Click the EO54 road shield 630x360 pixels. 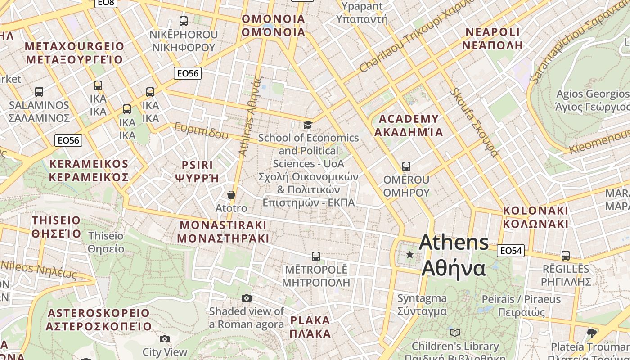511,251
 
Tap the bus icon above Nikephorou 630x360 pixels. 183,21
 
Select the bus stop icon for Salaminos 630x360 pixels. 39,92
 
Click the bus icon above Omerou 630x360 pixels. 406,166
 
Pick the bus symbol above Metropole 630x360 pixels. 316,256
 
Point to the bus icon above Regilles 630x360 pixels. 566,256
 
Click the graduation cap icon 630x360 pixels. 308,125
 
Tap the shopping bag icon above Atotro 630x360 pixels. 231,195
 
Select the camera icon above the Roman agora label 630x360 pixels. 246,298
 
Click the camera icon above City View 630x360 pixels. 165,339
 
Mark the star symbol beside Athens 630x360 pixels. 409,255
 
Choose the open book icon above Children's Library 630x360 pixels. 455,333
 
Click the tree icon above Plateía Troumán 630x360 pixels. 592,333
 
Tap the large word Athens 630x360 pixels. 454,243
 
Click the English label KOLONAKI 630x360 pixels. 535,211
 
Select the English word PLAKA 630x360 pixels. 310,321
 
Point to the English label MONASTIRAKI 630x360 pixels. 223,225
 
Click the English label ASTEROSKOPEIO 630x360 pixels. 99,313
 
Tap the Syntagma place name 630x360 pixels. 422,298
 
